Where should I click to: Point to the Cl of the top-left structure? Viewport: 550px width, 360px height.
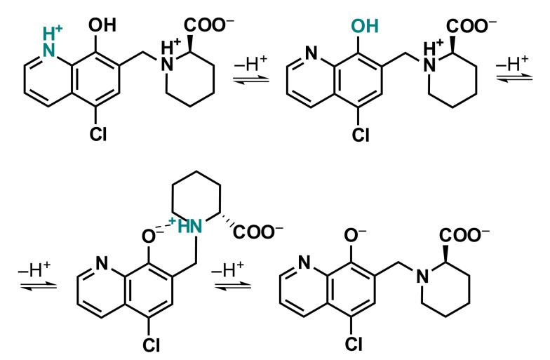tap(98, 134)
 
